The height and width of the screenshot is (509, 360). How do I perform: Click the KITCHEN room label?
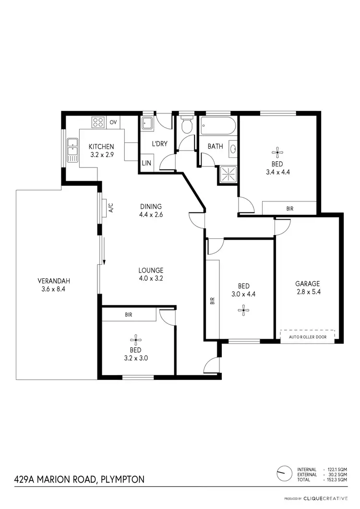102,146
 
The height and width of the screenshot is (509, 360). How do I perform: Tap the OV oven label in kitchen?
113,122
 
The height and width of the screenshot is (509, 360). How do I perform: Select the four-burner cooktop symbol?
98,122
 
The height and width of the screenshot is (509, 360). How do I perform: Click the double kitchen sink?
73,149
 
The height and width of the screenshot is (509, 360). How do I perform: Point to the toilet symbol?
186,126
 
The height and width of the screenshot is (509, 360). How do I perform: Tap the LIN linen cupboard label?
146,163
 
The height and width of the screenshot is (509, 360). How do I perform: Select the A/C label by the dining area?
110,208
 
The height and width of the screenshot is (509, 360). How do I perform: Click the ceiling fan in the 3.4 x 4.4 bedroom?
276,154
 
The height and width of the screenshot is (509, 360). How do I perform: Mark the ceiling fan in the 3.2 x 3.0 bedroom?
137,339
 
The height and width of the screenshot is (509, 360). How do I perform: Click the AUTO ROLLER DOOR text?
307,337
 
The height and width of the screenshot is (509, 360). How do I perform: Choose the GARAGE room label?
307,284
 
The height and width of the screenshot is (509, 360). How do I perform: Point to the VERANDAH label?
51,281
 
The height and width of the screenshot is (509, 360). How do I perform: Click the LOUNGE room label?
151,270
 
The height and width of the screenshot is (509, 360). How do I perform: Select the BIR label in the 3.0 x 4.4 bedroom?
212,301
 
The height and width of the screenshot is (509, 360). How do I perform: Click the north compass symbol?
284,472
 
